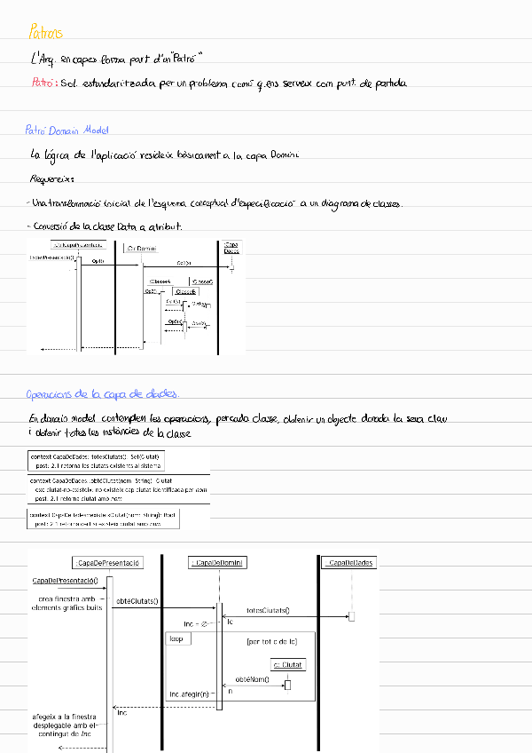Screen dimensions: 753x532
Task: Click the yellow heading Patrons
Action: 46,34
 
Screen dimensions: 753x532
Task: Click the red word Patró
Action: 41,83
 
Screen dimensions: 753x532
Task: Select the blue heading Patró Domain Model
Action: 66,131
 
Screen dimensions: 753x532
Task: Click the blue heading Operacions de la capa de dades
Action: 103,394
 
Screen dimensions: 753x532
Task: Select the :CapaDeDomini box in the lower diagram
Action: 219,563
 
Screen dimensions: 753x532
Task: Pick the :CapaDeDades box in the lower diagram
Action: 349,563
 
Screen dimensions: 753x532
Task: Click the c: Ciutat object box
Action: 287,664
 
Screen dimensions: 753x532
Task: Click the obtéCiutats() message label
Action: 138,601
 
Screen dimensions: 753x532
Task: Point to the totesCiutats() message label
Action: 268,611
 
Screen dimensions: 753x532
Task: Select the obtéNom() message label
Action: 254,679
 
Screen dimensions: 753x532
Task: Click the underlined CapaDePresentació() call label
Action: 66,581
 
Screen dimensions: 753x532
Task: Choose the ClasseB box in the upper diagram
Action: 185,291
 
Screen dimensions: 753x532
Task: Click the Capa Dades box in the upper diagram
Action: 231,248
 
